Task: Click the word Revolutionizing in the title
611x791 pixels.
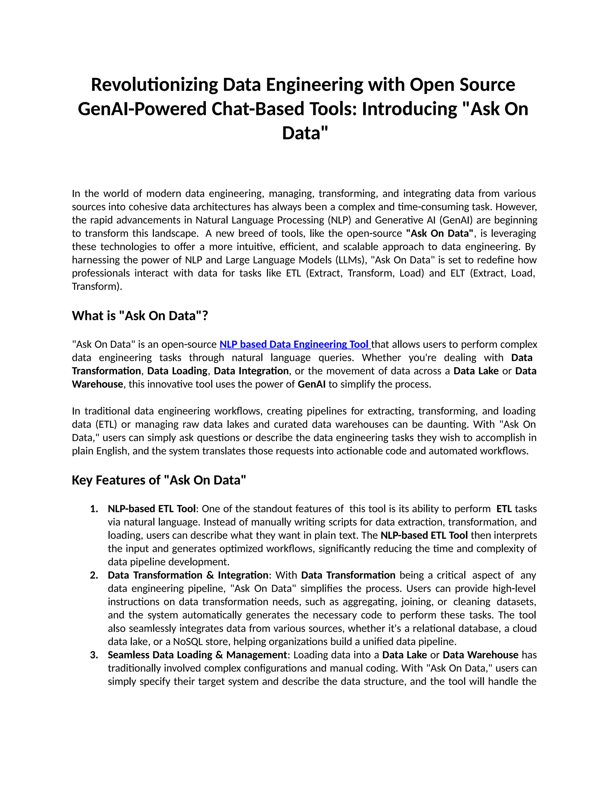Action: coord(154,85)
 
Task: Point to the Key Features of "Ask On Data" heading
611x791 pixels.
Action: coord(159,480)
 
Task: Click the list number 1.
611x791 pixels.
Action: coord(94,509)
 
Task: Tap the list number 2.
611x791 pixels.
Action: coord(94,575)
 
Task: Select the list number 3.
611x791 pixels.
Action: coord(94,655)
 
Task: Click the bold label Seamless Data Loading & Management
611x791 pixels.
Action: coord(197,655)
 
